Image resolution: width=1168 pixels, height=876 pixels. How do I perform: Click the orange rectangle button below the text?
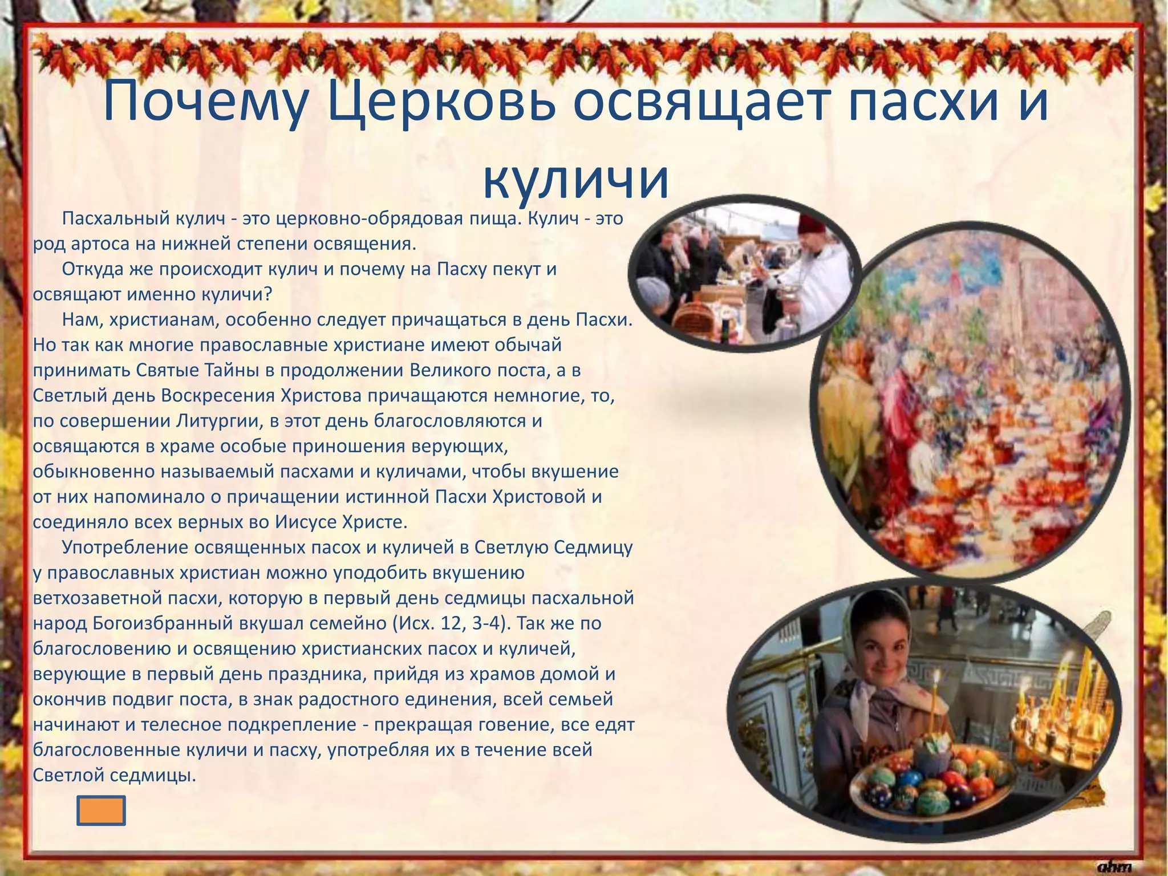[x=101, y=810]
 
